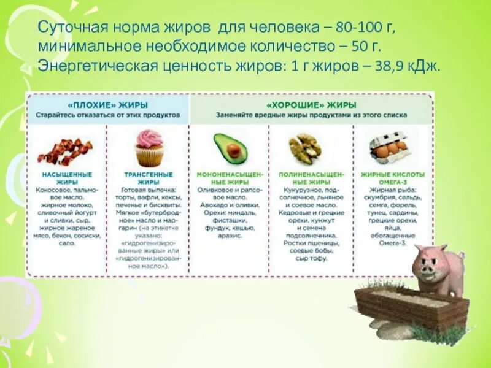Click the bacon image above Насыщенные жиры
tap(64, 150)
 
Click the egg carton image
tap(389, 148)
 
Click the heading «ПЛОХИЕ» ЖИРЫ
tap(107, 105)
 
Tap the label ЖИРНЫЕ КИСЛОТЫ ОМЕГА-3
tap(389, 178)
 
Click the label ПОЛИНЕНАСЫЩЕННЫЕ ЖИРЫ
tap(309, 178)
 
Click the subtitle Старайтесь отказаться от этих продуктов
tap(107, 115)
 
